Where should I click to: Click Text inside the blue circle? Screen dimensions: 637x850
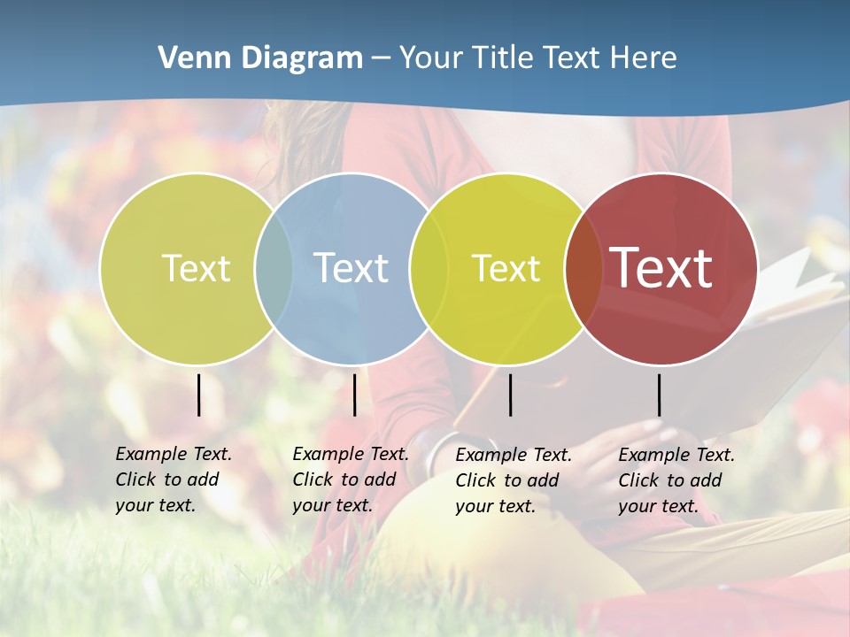coord(352,268)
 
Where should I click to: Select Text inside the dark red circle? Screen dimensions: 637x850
coord(661,268)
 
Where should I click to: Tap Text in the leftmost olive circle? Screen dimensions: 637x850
coord(196,268)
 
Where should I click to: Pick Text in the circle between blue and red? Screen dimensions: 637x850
coord(506,268)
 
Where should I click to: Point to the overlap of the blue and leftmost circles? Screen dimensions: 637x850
coord(274,268)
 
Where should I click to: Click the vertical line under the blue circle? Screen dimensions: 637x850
coord(354,395)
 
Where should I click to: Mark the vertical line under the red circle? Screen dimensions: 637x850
coord(659,395)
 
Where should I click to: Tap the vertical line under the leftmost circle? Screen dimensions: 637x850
coord(198,395)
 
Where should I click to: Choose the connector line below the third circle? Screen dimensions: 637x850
coord(510,395)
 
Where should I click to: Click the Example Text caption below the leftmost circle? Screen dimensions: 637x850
coord(173,480)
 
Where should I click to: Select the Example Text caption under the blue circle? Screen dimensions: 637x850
coord(350,480)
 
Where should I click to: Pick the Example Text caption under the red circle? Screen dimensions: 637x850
coord(676,480)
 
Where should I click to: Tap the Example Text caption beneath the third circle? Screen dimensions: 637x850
coord(513,480)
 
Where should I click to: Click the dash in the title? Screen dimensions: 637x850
coord(381,59)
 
